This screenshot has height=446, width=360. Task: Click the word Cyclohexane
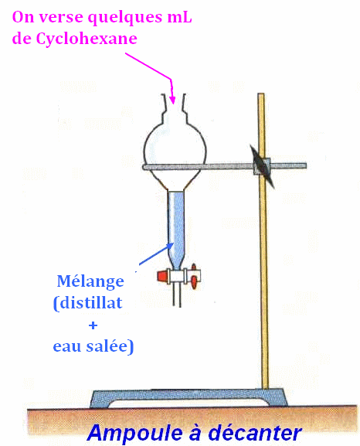coord(87,39)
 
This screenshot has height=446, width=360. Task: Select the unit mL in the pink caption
coord(179,17)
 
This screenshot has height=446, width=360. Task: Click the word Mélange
coord(90,282)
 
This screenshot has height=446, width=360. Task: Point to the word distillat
coord(91,302)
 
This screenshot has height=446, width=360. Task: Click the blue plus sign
coord(93,325)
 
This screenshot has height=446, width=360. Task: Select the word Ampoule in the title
coord(134,433)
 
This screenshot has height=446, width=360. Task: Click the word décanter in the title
coord(254,432)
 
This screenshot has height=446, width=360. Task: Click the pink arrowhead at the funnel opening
coord(172,99)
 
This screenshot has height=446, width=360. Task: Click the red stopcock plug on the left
coord(162,276)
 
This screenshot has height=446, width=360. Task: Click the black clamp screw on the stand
coord(262,167)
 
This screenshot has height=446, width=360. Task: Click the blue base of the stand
coord(188,398)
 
